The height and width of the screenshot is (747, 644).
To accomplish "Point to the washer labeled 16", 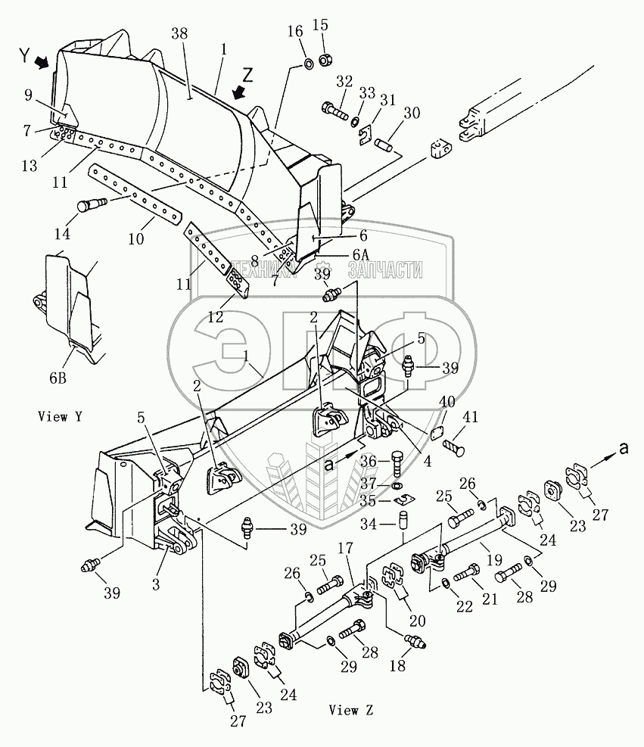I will tap(309, 63).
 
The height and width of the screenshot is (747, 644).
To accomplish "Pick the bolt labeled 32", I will tap(336, 110).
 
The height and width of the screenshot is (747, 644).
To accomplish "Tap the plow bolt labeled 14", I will tap(90, 204).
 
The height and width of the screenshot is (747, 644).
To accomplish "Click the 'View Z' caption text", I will tap(351, 710).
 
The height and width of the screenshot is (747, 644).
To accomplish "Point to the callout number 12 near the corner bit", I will tap(216, 318).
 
